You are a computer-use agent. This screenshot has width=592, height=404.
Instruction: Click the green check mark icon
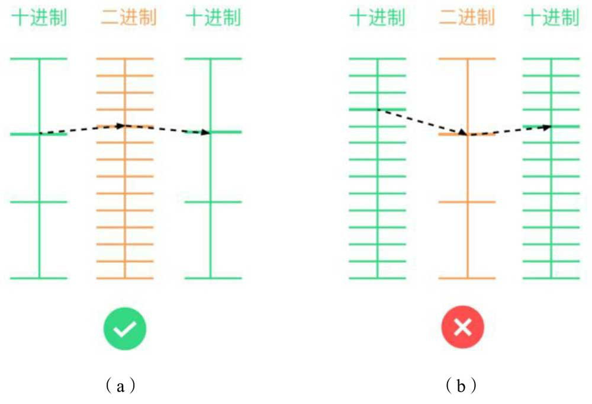coord(124,327)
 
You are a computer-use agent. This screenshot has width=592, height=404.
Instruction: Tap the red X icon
coord(462,327)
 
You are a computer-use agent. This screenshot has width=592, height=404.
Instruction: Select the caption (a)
coord(121,386)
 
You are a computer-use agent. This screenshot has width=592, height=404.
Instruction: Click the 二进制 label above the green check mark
coord(128,18)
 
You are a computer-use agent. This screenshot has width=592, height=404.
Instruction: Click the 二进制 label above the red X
coord(466,18)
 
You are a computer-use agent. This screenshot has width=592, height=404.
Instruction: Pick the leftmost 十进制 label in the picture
coord(39,18)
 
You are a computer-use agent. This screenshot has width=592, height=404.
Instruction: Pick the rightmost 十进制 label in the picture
coord(551,18)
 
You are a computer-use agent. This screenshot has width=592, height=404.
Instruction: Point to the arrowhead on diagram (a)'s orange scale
coord(121,126)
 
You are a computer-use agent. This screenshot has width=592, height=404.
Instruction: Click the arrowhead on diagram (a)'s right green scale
coord(206,132)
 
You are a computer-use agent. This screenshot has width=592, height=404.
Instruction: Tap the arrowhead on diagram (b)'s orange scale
coord(464,133)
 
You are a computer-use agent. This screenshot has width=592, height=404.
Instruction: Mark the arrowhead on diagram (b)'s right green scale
coord(548,126)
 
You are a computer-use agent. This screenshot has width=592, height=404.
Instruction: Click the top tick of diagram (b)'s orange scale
coord(467,59)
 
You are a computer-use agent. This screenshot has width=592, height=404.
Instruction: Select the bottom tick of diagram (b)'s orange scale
coord(467,278)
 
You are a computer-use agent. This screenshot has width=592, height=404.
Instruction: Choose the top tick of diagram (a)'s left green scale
coord(39,59)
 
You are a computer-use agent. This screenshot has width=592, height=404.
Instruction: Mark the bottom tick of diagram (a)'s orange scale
coord(125,278)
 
